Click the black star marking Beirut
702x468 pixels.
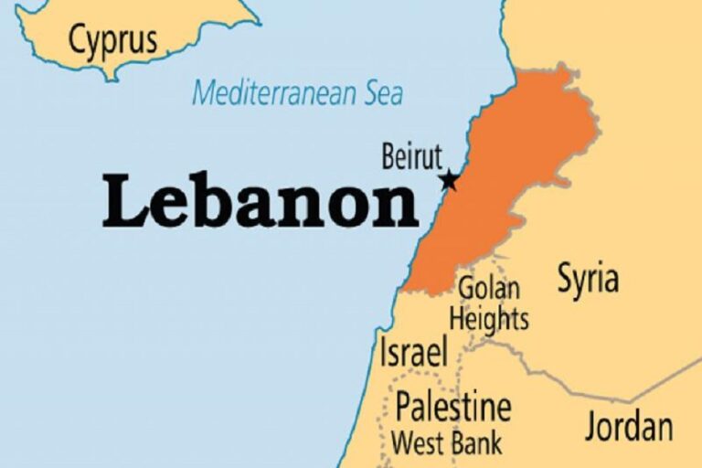pyautogui.click(x=448, y=180)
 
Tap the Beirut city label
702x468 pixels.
pyautogui.click(x=411, y=156)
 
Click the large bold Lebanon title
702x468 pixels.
pyautogui.click(x=260, y=201)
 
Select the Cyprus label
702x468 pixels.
pyautogui.click(x=113, y=40)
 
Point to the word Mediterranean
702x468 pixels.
pyautogui.click(x=274, y=92)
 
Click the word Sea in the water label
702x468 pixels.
pyautogui.click(x=382, y=92)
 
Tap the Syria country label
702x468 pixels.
pyautogui.click(x=588, y=279)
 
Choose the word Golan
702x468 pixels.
pyautogui.click(x=489, y=288)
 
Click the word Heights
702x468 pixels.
pyautogui.click(x=489, y=319)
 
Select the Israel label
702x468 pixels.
pyautogui.click(x=414, y=351)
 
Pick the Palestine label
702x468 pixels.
pyautogui.click(x=452, y=405)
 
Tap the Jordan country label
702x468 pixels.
pyautogui.click(x=629, y=426)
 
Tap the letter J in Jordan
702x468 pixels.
pyautogui.click(x=591, y=426)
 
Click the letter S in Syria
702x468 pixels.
pyautogui.click(x=567, y=279)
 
